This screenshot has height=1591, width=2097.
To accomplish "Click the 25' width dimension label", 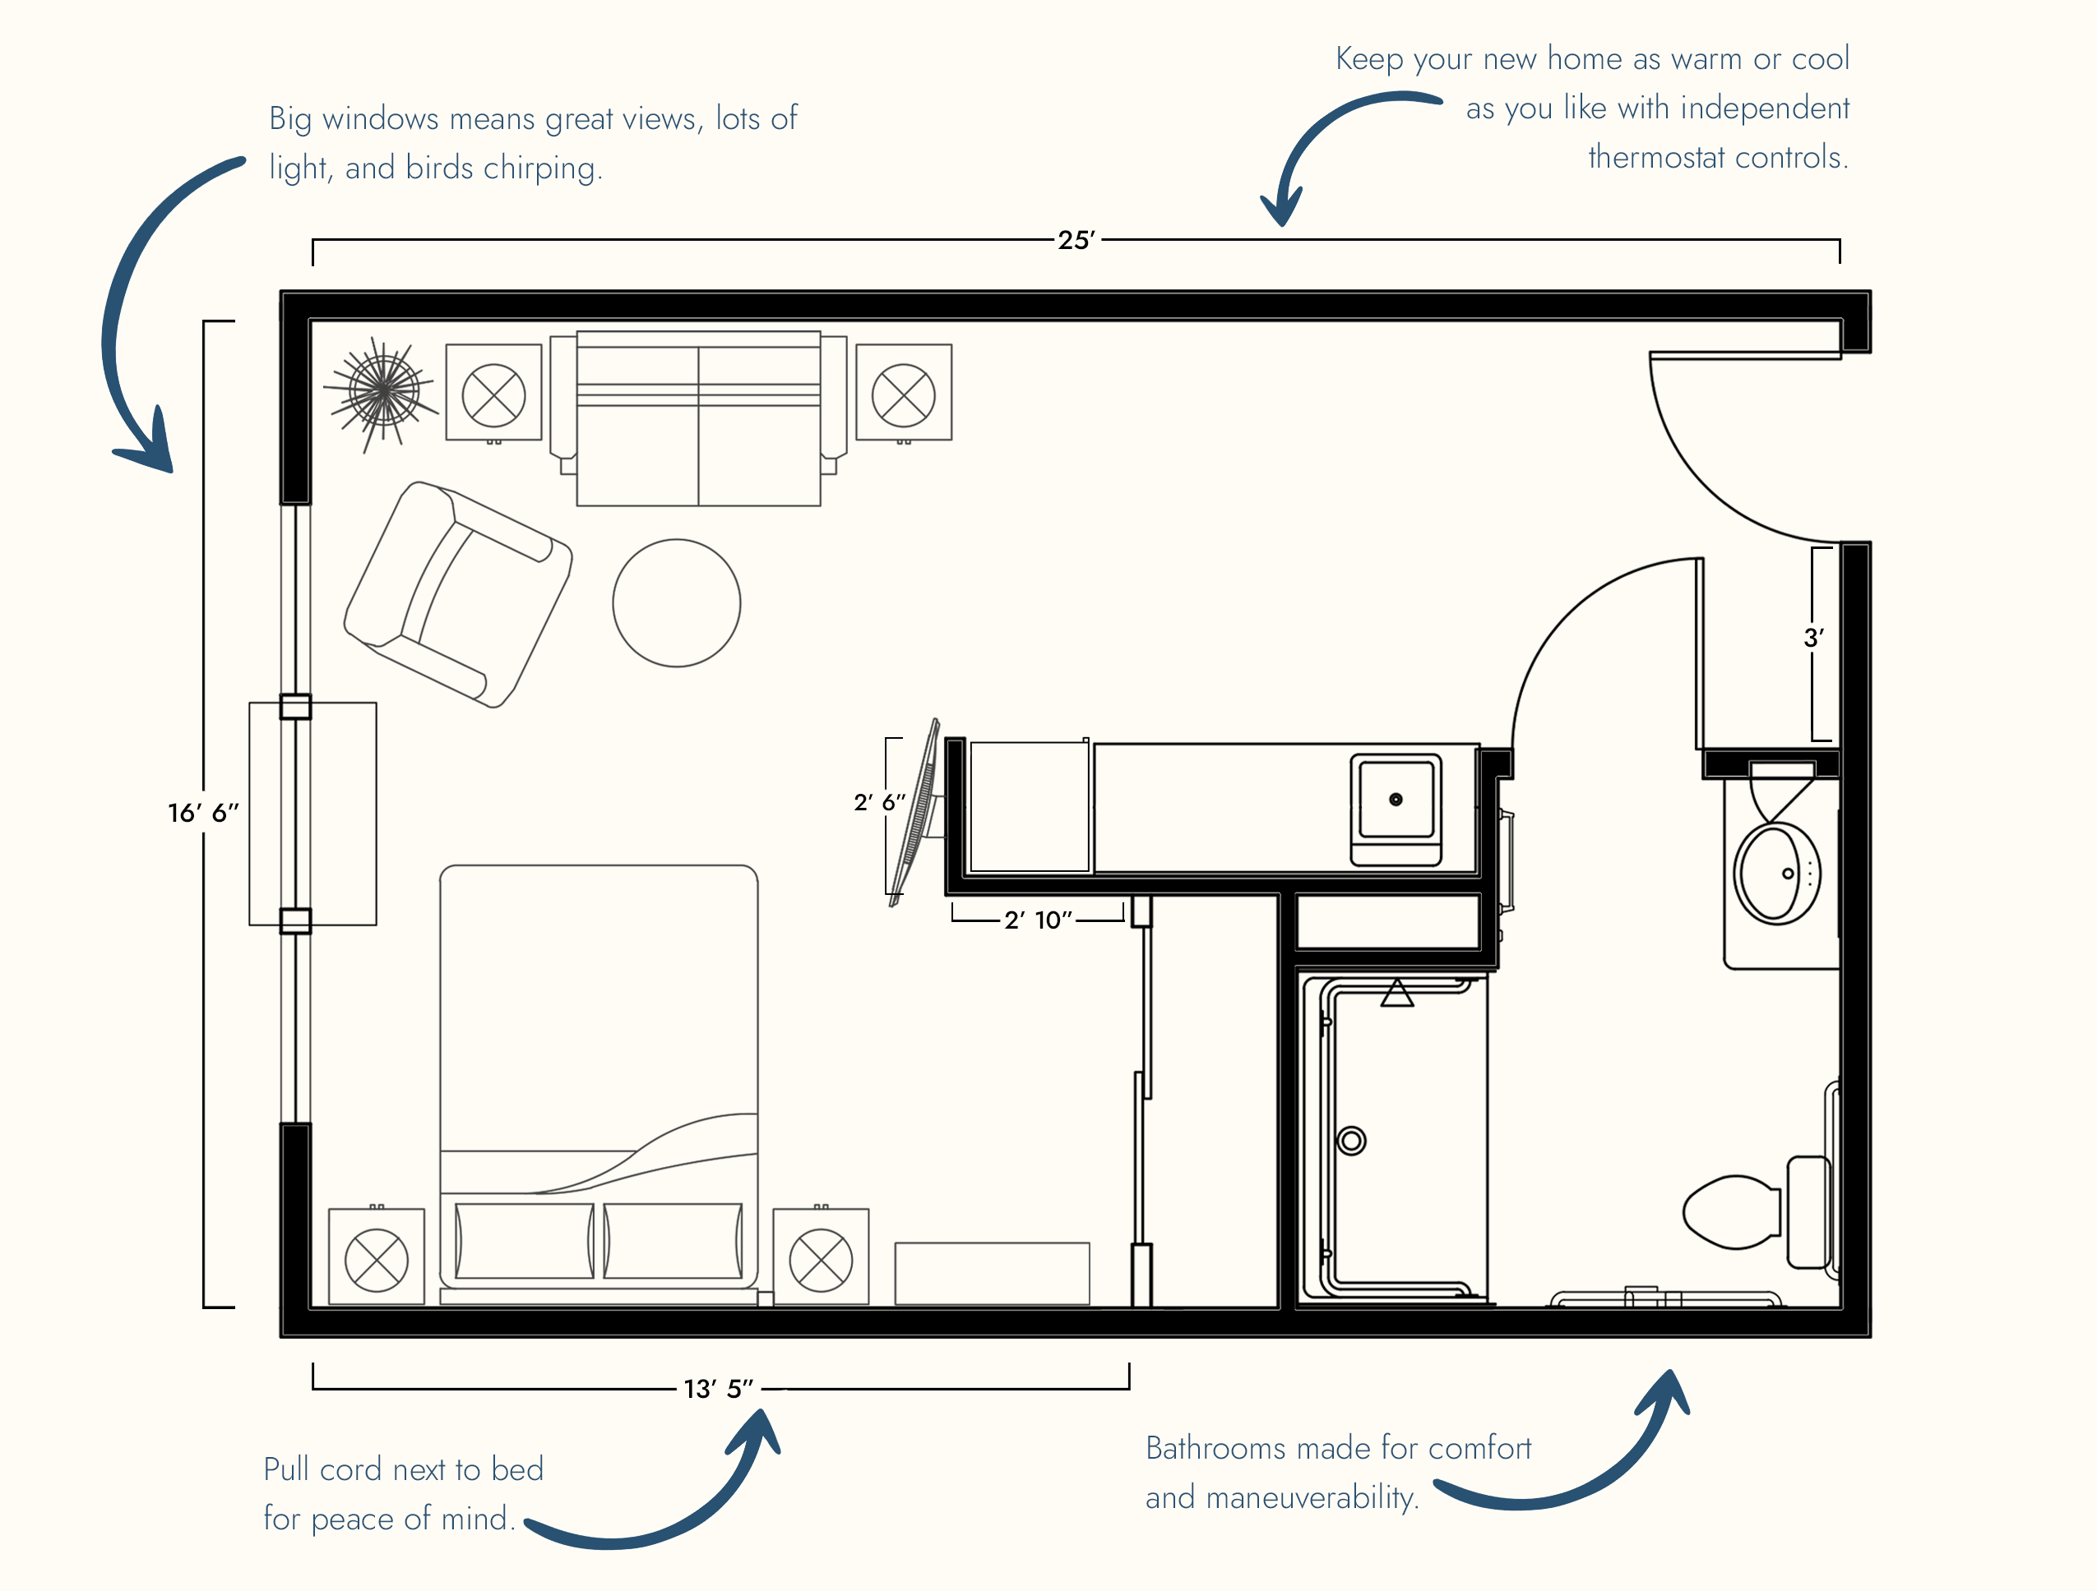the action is pos(1077,240).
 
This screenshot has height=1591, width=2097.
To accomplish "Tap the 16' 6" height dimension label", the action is pos(203,813).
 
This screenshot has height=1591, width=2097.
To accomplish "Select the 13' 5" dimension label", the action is pos(719,1389).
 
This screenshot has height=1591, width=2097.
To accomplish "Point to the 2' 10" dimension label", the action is pos(1038,920).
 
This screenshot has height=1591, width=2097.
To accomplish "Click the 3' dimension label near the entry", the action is pos(1813,638).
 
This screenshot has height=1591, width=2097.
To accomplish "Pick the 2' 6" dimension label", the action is pos(879,803).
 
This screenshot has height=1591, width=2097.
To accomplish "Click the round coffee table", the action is pos(677,604).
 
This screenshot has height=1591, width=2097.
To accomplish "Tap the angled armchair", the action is pos(458,595).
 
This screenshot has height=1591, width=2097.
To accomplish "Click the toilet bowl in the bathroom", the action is pos(1731,1212).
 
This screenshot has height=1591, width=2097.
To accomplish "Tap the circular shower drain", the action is pos(1352,1141).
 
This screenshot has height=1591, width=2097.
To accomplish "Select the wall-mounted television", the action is pos(914,813).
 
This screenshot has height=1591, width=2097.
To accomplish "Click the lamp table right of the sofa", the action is pos(904,392).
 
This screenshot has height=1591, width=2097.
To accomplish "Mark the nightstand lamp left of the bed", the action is pos(377,1258).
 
